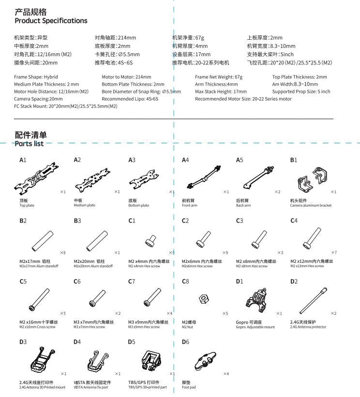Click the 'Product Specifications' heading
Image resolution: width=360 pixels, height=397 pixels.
pyautogui.click(x=51, y=21)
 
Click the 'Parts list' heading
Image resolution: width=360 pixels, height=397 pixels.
pyautogui.click(x=29, y=144)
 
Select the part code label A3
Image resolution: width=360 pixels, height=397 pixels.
pyautogui.click(x=132, y=160)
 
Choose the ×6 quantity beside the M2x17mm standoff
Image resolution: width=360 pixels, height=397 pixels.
pyautogui.click(x=63, y=253)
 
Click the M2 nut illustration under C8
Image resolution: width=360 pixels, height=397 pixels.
pyautogui.click(x=204, y=299)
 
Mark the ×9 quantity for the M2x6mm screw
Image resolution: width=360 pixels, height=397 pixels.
pyautogui.click(x=225, y=253)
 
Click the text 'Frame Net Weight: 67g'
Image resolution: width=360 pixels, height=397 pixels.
pyautogui.click(x=219, y=77)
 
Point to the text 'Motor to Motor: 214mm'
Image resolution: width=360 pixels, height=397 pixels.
pyautogui.click(x=126, y=77)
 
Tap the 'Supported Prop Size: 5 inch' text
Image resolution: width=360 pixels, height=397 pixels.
pyautogui.click(x=301, y=92)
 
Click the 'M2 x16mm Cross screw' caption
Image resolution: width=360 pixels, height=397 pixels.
pyautogui.click(x=38, y=327)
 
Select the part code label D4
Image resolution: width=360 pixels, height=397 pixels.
pyautogui.click(x=77, y=342)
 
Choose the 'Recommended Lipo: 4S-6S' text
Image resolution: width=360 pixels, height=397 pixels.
pyautogui.click(x=130, y=99)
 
